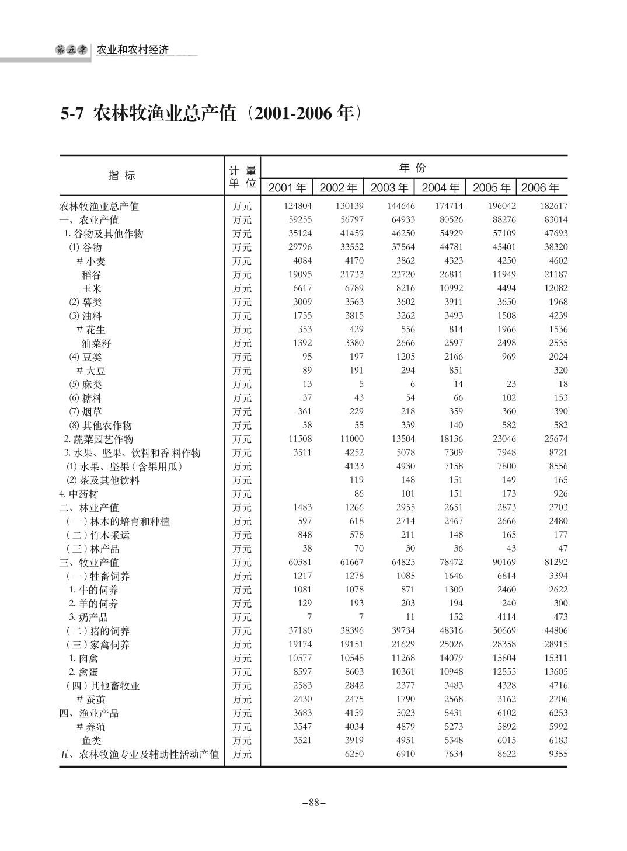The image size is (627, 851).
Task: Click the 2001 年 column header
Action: coord(287,187)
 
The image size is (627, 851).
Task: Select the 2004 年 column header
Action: coord(440,187)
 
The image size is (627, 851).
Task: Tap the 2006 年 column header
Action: coord(540,187)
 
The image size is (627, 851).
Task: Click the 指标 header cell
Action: coord(121,176)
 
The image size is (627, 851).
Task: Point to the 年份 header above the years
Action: coord(413,168)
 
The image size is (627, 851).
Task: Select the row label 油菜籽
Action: coord(96,343)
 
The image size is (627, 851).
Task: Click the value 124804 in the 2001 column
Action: coord(298,206)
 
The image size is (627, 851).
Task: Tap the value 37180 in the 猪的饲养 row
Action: coord(300,631)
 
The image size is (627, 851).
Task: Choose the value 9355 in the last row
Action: coord(556,754)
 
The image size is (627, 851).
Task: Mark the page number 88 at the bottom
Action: coord(313,803)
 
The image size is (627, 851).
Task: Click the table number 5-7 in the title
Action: coord(72,114)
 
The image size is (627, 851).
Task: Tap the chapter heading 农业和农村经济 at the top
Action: coord(133,50)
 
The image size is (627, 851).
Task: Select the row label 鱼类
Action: coord(91,741)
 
